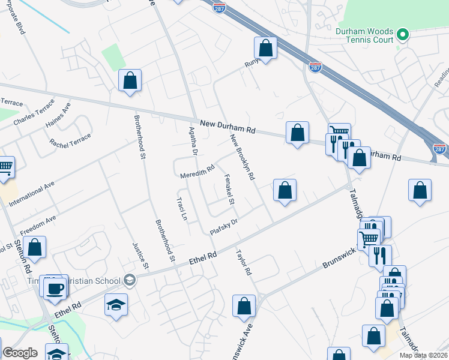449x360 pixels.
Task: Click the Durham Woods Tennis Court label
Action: pos(364,35)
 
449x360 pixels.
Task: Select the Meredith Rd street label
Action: pos(197,172)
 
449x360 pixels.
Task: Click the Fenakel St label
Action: pos(229,189)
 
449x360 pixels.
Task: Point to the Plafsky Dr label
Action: pos(224,226)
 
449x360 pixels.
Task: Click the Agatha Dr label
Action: pos(193,142)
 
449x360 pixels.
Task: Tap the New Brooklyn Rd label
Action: pos(243,157)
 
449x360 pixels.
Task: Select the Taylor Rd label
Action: pos(244,262)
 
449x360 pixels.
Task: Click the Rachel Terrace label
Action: pos(71,141)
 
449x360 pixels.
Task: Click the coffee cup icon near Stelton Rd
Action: pos(56,288)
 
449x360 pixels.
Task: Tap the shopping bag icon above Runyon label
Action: pos(265,48)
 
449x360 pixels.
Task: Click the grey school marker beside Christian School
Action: pos(129,280)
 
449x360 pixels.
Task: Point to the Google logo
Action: pos(20,353)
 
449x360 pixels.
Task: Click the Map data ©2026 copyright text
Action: pos(423,355)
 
